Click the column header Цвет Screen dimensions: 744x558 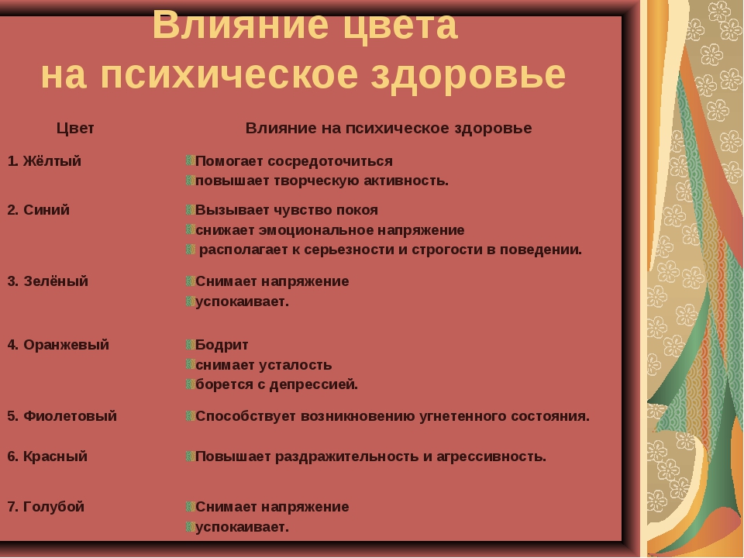(75, 128)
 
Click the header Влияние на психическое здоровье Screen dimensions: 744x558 (388, 128)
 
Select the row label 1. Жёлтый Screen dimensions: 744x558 (44, 161)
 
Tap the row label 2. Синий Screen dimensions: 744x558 (39, 210)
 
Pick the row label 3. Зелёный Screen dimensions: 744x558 (48, 281)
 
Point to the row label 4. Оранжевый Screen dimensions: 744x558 (58, 344)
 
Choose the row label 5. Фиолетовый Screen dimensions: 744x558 (62, 415)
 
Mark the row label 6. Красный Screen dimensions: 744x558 (47, 456)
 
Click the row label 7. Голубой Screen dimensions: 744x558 (46, 506)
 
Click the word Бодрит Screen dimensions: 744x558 (222, 345)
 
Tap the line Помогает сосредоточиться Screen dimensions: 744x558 (294, 161)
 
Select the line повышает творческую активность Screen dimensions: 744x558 (322, 181)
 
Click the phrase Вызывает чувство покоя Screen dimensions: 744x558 (287, 210)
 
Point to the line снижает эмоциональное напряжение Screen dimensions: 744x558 (330, 230)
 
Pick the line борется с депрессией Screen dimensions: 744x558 (277, 384)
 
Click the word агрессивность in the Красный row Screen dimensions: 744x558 (491, 456)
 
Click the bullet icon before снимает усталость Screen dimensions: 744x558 (191, 364)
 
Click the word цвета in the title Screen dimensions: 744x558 (400, 26)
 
